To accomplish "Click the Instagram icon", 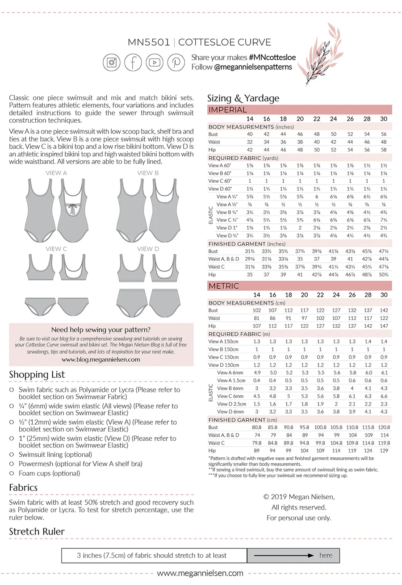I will pyautogui.click(x=111, y=62).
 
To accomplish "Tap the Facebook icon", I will pyautogui.click(x=133, y=62).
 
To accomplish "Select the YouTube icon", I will pyautogui.click(x=155, y=62).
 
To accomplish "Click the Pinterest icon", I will pyautogui.click(x=176, y=62).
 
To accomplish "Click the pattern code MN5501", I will pyautogui.click(x=149, y=42).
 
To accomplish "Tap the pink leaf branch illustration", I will pyautogui.click(x=324, y=54).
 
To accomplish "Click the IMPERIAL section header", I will pyautogui.click(x=227, y=110).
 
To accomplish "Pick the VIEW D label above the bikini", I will pyautogui.click(x=148, y=249).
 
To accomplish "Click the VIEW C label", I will pyautogui.click(x=56, y=249).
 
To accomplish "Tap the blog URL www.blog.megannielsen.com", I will pyautogui.click(x=101, y=359).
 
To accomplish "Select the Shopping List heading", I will pyautogui.click(x=37, y=375).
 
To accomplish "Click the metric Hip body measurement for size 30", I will pyautogui.click(x=384, y=326).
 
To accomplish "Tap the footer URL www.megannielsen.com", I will pyautogui.click(x=200, y=573).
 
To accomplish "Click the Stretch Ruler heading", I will pyautogui.click(x=37, y=531).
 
